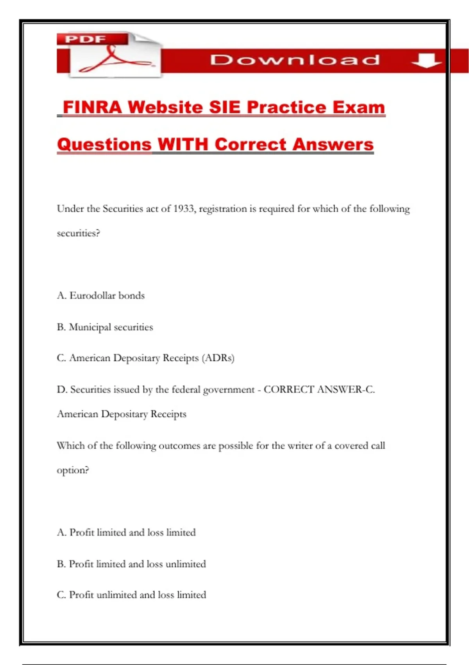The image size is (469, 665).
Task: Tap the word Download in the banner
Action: pos(295,60)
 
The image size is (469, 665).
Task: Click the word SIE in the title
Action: pos(224,108)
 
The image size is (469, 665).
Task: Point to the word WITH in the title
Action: pos(183,144)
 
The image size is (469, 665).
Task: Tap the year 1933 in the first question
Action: pos(184,209)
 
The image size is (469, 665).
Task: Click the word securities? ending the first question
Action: pos(79,233)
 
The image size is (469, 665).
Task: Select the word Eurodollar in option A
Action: pos(93,295)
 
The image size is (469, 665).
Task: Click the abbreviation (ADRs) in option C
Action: pos(218,358)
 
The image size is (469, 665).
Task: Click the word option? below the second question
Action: pos(73,470)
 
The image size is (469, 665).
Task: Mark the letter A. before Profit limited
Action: pos(62,532)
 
